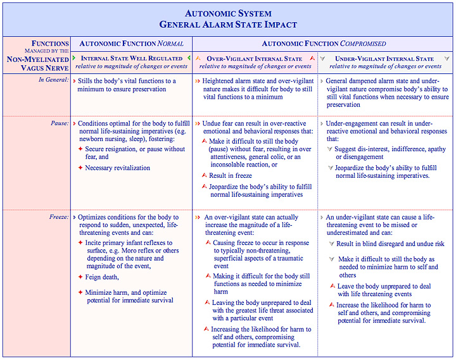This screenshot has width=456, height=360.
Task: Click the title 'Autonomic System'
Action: (x=228, y=13)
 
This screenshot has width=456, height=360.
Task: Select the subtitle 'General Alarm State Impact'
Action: (x=228, y=25)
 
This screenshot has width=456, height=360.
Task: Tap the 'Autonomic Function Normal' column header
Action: (x=130, y=44)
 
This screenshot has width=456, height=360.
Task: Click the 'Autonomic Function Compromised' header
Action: (x=323, y=44)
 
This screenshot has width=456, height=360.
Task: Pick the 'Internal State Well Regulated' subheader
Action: (x=132, y=59)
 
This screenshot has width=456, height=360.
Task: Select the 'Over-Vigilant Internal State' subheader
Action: (x=255, y=59)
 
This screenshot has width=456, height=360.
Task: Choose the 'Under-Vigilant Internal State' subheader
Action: (x=385, y=59)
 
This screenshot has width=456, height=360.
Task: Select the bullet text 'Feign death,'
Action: (x=103, y=277)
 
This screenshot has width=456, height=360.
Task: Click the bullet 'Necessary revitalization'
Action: (x=117, y=168)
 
